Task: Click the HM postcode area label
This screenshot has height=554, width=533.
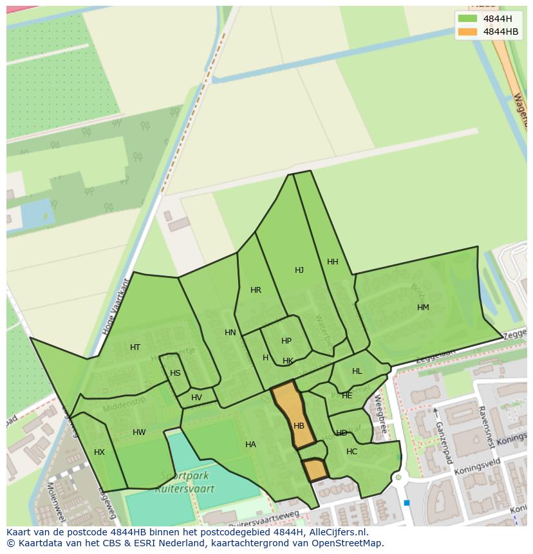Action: [x=423, y=308]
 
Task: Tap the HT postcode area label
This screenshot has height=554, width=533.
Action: [x=135, y=347]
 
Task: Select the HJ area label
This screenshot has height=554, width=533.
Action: [x=299, y=270]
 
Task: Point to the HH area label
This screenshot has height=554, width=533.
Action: [x=333, y=262]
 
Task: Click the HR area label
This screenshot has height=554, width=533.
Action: [x=256, y=290]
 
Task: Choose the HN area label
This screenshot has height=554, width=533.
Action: [x=230, y=333]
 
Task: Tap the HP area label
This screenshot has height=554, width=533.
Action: [x=286, y=341]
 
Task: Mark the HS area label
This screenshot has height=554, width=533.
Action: [x=175, y=373]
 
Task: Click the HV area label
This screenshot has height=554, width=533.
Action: [x=196, y=398]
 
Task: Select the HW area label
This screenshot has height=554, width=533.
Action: [x=139, y=432]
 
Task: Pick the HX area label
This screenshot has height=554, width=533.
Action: [x=99, y=452]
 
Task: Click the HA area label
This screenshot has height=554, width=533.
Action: [x=250, y=445]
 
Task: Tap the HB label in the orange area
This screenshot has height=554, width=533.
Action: [x=299, y=426]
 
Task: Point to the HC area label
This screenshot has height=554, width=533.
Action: [x=351, y=452]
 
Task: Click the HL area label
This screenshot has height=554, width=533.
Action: [x=357, y=371]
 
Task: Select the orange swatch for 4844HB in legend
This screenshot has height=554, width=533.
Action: [x=468, y=32]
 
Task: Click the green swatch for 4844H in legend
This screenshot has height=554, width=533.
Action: [x=468, y=18]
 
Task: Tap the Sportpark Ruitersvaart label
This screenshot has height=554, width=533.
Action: [x=184, y=483]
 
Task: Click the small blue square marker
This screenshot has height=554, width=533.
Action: [x=407, y=503]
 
